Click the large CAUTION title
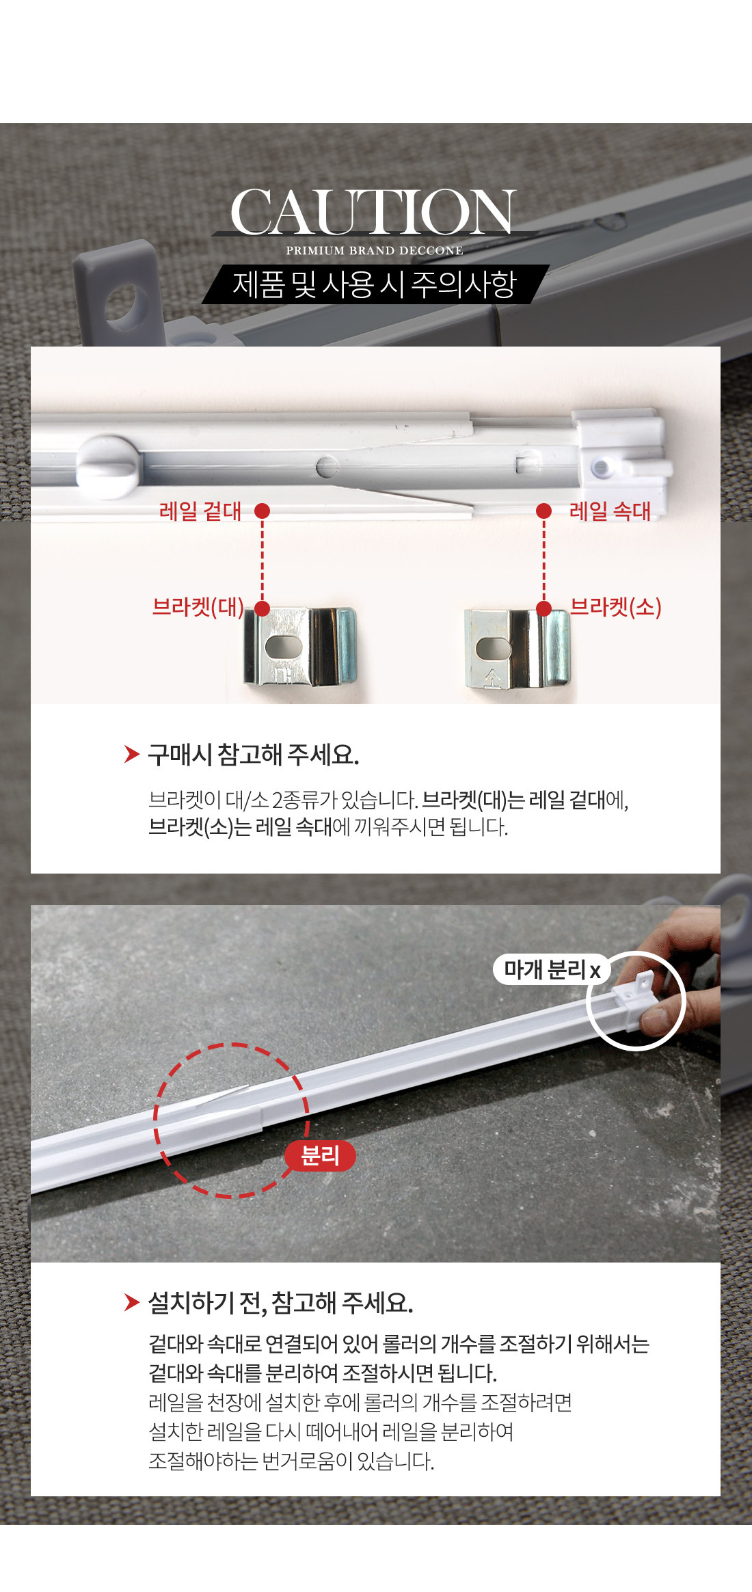click(373, 212)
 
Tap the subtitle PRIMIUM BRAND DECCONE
click(375, 251)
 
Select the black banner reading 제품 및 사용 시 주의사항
click(375, 284)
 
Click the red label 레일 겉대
click(200, 511)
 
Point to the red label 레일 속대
click(610, 511)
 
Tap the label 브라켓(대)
click(198, 607)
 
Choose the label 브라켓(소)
click(615, 607)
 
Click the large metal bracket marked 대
click(300, 647)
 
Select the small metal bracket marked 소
click(517, 649)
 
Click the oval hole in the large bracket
click(283, 646)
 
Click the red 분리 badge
click(320, 1155)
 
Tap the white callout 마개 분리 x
click(552, 969)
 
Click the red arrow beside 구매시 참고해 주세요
click(132, 754)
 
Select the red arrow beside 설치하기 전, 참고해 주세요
click(132, 1302)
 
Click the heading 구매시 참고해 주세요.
click(254, 755)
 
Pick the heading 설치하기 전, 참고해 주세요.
click(281, 1303)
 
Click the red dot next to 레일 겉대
click(262, 511)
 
